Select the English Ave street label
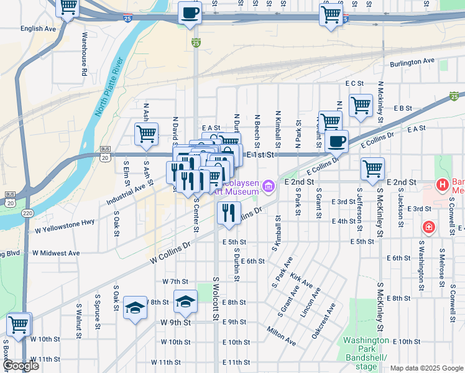tap(39, 29)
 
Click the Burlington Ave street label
tap(412, 62)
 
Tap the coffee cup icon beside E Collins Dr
tap(336, 141)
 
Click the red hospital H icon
tap(442, 184)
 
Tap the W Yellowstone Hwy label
tap(65, 225)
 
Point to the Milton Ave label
tap(281, 334)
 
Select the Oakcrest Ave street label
tap(323, 320)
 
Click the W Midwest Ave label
tap(56, 253)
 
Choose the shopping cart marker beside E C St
tap(360, 105)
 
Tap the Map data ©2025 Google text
tap(426, 368)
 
